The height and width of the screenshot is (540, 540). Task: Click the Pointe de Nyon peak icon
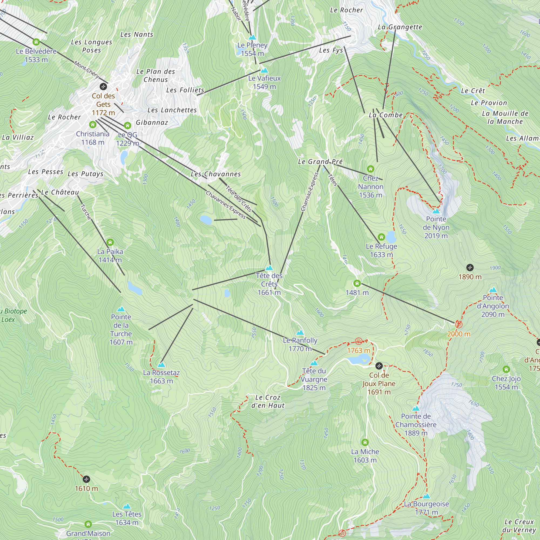click(436, 211)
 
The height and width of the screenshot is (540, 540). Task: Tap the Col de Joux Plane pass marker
click(379, 366)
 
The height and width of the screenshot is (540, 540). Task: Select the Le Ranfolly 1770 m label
click(300, 344)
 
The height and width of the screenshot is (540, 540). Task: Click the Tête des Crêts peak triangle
click(269, 268)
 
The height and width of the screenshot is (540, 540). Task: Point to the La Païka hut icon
click(110, 242)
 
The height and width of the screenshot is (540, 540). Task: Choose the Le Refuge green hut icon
click(381, 237)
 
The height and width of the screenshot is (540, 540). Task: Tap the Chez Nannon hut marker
click(370, 169)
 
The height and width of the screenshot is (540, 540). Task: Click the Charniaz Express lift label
click(310, 192)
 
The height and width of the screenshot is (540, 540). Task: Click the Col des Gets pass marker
click(103, 86)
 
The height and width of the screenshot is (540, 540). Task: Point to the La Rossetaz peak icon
click(161, 365)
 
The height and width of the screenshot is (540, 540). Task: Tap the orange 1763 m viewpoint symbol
click(359, 341)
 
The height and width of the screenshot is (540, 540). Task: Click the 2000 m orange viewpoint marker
click(459, 325)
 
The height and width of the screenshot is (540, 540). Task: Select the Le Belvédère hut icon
click(36, 42)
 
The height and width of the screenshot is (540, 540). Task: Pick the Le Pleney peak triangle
click(252, 38)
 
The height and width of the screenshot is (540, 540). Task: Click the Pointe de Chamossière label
click(416, 424)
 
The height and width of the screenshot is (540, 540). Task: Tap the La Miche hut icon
click(365, 443)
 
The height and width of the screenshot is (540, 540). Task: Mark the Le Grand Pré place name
click(320, 161)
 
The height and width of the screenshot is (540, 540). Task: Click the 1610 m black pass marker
click(86, 479)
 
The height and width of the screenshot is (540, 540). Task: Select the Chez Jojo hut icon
click(506, 370)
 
